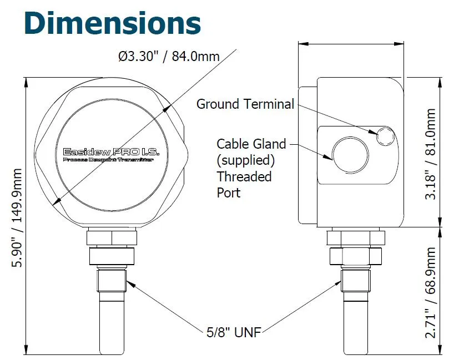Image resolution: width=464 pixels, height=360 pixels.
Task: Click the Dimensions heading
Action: click(113, 23)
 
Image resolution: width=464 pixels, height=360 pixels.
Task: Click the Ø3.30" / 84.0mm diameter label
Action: click(169, 56)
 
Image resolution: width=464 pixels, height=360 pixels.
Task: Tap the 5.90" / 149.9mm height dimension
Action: click(17, 217)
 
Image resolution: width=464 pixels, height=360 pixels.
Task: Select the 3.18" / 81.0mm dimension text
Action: click(430, 154)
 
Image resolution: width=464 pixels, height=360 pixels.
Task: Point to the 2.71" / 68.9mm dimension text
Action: click(430, 292)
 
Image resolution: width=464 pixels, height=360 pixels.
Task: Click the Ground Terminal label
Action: click(245, 104)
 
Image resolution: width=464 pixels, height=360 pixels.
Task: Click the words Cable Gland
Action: click(251, 144)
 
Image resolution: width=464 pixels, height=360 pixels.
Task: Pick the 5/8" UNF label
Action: click(234, 332)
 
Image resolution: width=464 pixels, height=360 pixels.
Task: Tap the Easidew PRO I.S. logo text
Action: click(111, 152)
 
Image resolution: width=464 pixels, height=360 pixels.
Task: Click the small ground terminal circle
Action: click(385, 136)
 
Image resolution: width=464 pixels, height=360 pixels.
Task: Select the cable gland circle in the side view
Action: click(350, 155)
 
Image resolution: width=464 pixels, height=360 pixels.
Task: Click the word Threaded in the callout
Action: click(244, 176)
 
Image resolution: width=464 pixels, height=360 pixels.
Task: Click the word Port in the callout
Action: click(229, 193)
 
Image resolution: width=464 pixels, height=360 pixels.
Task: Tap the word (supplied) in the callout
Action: click(246, 161)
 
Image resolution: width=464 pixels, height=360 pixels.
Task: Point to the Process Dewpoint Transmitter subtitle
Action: click(109, 160)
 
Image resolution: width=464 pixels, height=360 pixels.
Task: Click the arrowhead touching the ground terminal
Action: click(372, 131)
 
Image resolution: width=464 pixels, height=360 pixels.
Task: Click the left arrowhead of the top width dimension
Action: click(303, 44)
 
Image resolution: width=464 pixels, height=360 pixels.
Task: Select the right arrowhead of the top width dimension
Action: click(399, 44)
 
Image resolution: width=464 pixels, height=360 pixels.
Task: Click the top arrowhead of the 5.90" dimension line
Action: click(26, 83)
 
